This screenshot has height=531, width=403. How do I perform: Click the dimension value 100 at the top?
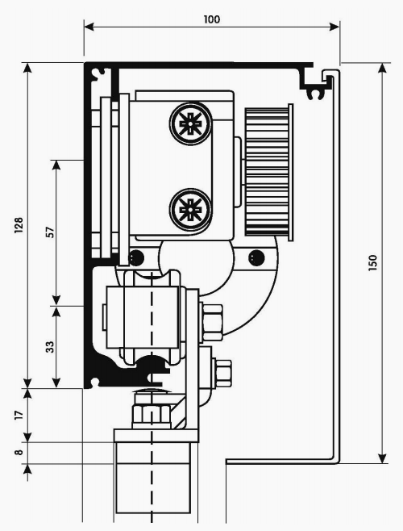(212, 19)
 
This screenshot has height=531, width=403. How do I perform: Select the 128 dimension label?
(19, 225)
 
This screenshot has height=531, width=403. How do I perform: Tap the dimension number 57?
(50, 232)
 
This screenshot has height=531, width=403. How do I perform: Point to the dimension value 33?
(50, 347)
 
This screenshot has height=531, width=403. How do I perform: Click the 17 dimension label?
(19, 415)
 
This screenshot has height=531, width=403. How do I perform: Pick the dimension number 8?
(19, 452)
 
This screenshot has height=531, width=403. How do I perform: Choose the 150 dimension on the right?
(372, 263)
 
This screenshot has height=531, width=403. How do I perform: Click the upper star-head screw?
(191, 124)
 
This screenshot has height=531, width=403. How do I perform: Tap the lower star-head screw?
(191, 210)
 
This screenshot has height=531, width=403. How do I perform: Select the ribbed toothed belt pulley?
(269, 172)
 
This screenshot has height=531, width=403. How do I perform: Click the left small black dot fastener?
(136, 258)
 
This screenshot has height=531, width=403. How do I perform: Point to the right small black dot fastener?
(256, 258)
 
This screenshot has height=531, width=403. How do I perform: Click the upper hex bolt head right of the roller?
(212, 323)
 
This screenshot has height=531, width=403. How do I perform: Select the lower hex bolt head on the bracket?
(222, 373)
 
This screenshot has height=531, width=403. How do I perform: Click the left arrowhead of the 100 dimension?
(89, 27)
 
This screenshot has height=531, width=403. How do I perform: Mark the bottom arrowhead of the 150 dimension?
(382, 458)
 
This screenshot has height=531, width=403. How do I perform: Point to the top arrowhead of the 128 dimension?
(27, 68)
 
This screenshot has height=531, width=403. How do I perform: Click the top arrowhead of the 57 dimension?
(56, 165)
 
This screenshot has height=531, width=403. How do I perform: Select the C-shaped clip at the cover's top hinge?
(315, 94)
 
